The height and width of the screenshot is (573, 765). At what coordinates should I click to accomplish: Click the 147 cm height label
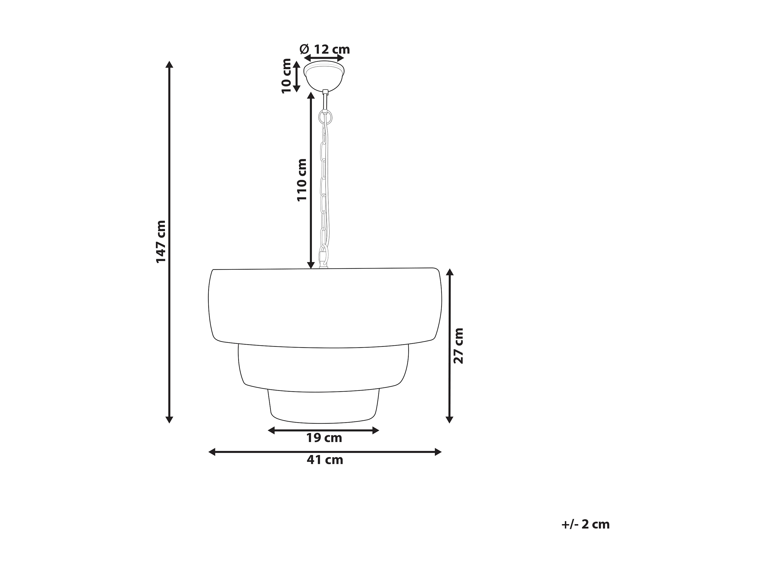(161, 241)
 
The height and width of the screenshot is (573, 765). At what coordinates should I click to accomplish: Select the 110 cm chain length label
(302, 180)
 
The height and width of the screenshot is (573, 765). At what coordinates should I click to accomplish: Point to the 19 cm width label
(324, 438)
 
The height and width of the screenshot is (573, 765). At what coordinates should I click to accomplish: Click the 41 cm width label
(325, 460)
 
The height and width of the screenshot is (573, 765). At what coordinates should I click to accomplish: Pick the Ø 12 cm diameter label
(325, 49)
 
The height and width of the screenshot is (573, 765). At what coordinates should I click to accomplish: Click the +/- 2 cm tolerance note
(585, 524)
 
